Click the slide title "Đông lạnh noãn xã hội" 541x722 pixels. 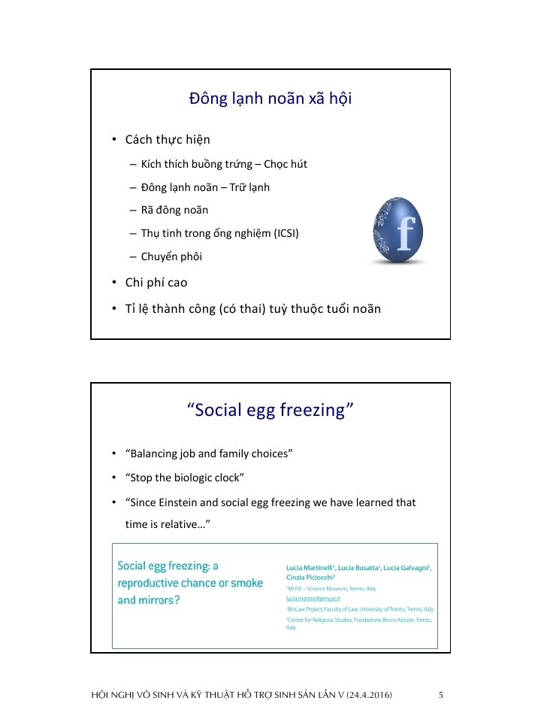[x=270, y=100]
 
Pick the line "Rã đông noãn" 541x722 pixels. [x=174, y=210]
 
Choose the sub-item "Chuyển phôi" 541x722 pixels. [x=171, y=256]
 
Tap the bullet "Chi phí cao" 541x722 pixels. [x=156, y=283]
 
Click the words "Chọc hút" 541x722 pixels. [x=285, y=164]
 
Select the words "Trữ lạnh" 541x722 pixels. [x=246, y=187]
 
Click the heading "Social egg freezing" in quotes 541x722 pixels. [x=270, y=410]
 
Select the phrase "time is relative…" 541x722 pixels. [x=166, y=524]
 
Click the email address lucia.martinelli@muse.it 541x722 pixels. [x=314, y=599]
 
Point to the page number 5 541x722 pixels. [x=441, y=695]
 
